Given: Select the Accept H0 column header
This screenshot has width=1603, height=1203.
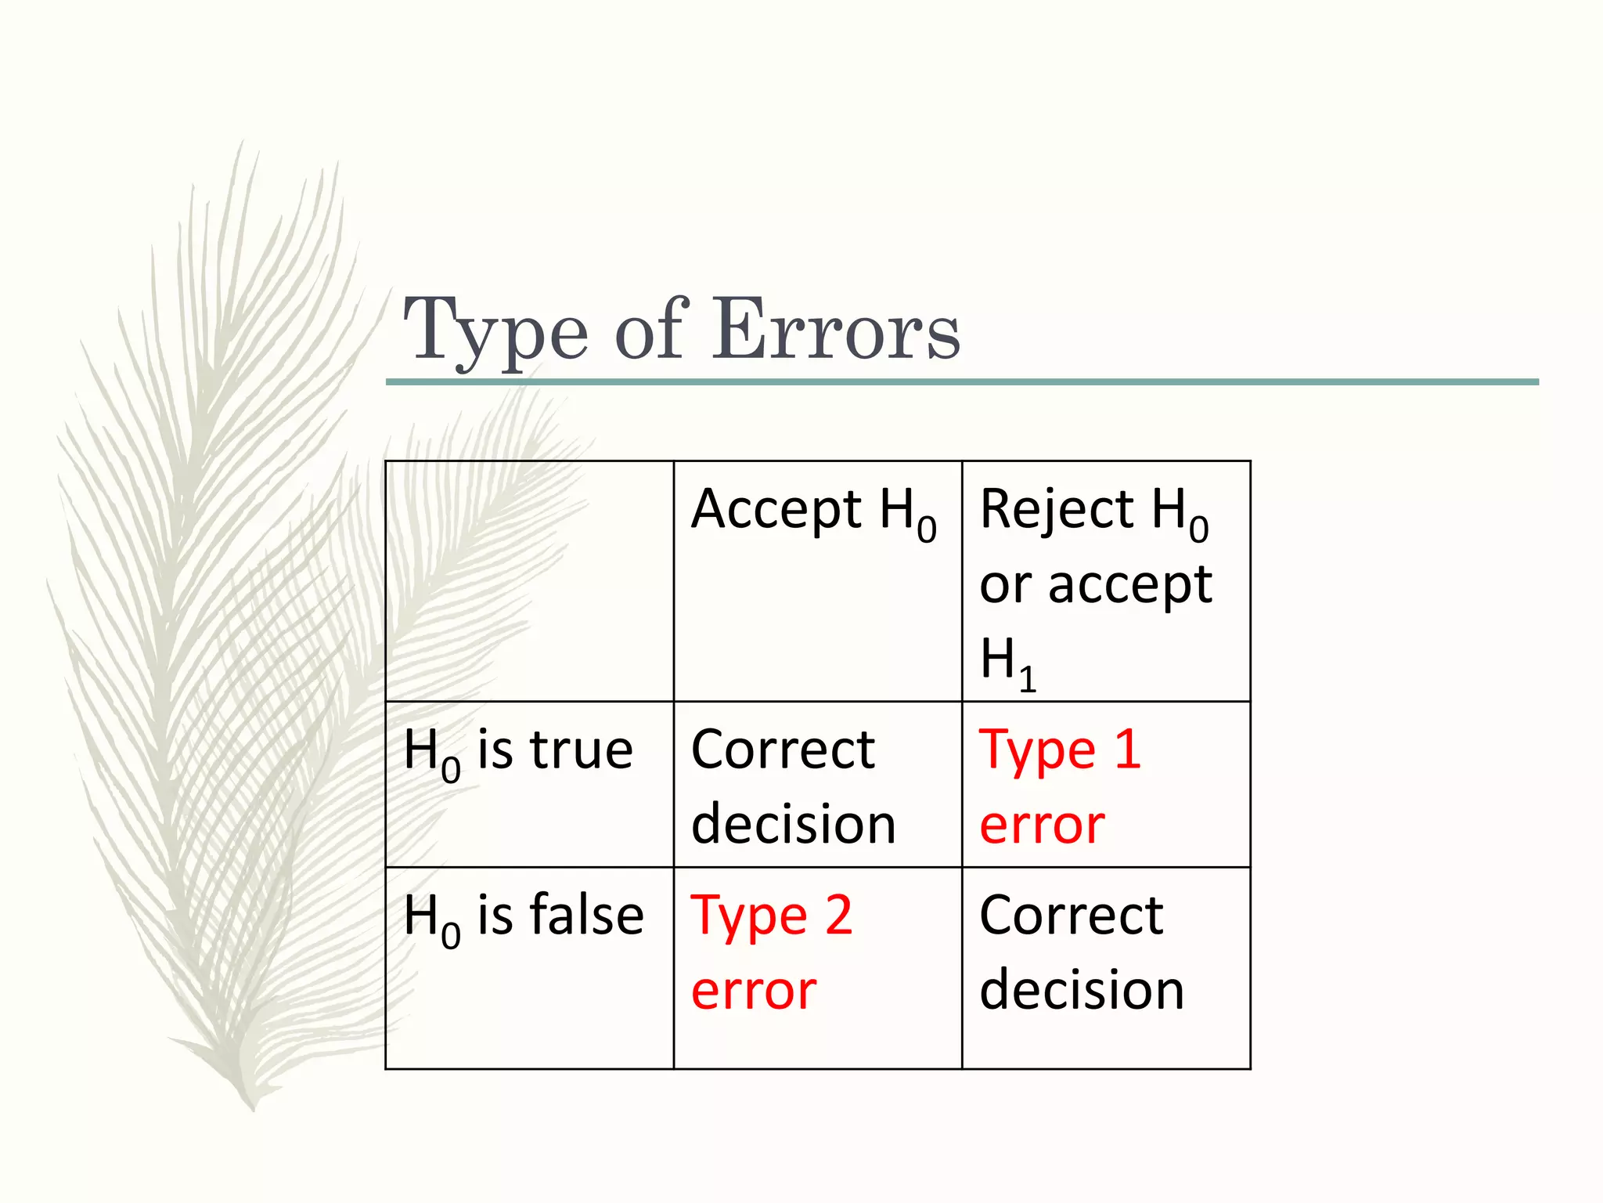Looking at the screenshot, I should tap(813, 511).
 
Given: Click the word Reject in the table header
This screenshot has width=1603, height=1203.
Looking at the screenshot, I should tap(1056, 509).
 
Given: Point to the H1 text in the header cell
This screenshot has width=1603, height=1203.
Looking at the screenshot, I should tap(1007, 663).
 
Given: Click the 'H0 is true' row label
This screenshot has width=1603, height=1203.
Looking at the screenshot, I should tap(518, 752).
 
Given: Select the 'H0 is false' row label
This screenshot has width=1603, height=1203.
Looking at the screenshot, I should tap(523, 917).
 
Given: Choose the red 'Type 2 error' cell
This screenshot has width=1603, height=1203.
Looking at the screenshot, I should tap(771, 952).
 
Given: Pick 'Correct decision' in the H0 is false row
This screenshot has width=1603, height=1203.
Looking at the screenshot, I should tap(1081, 952).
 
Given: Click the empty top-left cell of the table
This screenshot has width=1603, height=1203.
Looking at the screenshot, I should tap(529, 580).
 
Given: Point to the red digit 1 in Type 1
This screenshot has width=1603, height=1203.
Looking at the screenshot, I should tap(1127, 749).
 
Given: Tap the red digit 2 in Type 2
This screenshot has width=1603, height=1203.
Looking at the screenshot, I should tap(838, 915).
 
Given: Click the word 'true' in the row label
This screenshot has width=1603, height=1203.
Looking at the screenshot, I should tap(581, 750).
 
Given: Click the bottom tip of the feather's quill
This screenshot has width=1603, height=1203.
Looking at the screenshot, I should tap(252, 1107).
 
